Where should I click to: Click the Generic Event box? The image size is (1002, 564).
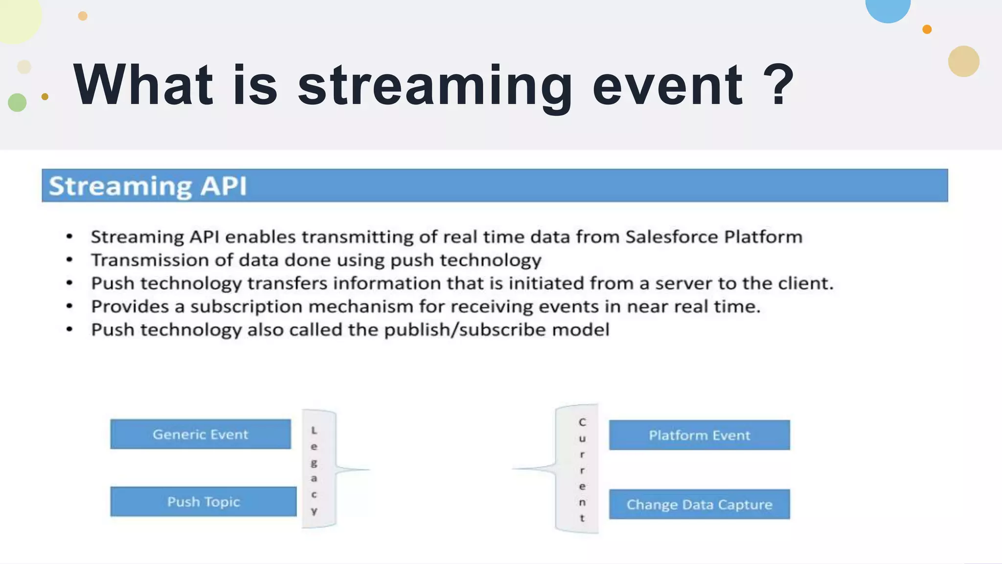(x=200, y=434)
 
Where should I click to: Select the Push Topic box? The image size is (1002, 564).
(x=203, y=502)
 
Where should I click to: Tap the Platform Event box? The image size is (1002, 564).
(x=699, y=435)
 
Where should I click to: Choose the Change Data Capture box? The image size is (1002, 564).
(x=699, y=504)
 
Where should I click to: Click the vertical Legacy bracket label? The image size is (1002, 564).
(x=314, y=470)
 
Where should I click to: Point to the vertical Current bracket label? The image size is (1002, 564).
(x=582, y=469)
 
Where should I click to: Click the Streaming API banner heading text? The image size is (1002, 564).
(x=148, y=186)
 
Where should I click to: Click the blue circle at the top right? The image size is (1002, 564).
(x=888, y=8)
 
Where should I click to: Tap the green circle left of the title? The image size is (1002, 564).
(x=17, y=102)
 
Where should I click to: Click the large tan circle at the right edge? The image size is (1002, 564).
(x=963, y=61)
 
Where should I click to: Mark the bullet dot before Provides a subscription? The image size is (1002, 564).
(x=69, y=306)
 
